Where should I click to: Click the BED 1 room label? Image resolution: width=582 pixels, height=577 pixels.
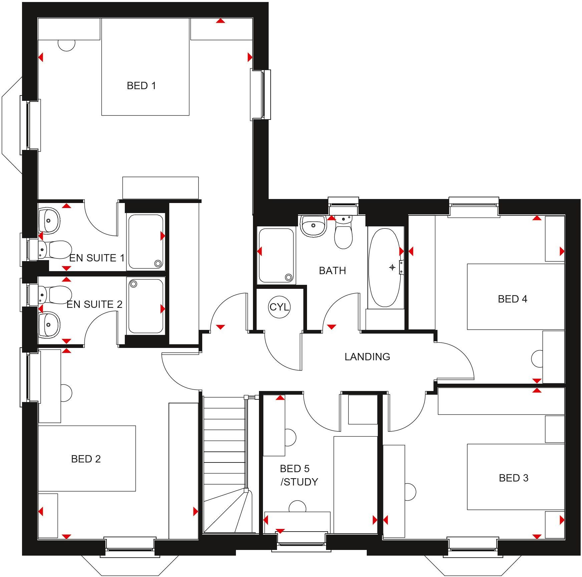(x=141, y=86)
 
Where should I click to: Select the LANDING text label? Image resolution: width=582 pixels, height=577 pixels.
(x=367, y=357)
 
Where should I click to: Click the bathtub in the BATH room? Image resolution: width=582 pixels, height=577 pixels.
(x=384, y=267)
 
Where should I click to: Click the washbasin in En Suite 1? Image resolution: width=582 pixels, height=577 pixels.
(x=49, y=220)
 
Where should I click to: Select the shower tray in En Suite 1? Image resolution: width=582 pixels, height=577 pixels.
(x=145, y=241)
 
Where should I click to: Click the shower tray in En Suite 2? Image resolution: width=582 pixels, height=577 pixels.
(x=145, y=306)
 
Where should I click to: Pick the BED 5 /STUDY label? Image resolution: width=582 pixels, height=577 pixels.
(x=299, y=475)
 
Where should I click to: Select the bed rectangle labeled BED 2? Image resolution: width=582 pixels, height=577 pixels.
(x=87, y=458)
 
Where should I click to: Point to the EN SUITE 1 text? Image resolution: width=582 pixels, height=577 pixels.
(x=97, y=258)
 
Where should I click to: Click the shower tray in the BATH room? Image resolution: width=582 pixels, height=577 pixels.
(x=276, y=255)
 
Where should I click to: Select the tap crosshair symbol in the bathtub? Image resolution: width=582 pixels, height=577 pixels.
(x=392, y=267)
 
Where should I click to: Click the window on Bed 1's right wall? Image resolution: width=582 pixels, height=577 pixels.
(x=261, y=95)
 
